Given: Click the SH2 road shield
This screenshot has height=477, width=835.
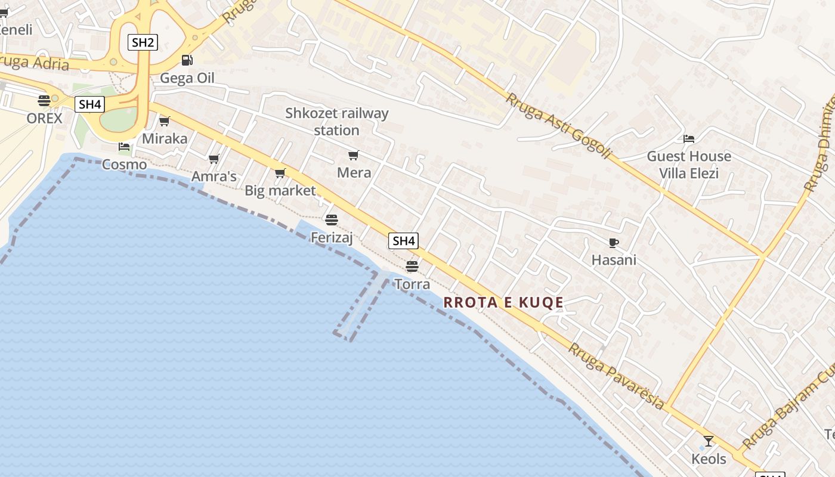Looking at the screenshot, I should pyautogui.click(x=143, y=42).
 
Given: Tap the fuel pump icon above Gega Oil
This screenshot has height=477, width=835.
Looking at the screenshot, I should pyautogui.click(x=187, y=60).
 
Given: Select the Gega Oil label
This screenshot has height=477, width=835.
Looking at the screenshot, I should pyautogui.click(x=187, y=78).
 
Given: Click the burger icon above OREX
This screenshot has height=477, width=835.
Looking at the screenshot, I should pyautogui.click(x=44, y=100).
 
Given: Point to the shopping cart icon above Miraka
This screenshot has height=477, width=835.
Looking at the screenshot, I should pyautogui.click(x=165, y=121).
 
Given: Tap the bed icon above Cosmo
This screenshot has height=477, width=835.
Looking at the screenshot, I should pyautogui.click(x=124, y=147).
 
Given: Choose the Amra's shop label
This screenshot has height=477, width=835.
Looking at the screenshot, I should pyautogui.click(x=214, y=176).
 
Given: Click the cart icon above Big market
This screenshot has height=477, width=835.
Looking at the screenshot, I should pyautogui.click(x=280, y=174).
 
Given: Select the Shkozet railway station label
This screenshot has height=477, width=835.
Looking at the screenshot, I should pyautogui.click(x=336, y=122).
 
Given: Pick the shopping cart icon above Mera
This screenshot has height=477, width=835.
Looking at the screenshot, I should pyautogui.click(x=354, y=156).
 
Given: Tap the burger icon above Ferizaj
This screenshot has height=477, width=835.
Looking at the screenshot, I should pyautogui.click(x=332, y=220).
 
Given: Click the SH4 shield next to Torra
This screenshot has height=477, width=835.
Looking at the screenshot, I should pyautogui.click(x=404, y=241).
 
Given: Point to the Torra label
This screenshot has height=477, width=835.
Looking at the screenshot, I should pyautogui.click(x=412, y=284).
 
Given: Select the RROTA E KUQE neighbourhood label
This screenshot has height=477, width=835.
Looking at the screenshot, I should pyautogui.click(x=503, y=303).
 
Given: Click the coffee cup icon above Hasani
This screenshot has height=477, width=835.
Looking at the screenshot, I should pyautogui.click(x=614, y=243).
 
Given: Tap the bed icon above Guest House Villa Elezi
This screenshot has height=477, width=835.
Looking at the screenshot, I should pyautogui.click(x=689, y=139).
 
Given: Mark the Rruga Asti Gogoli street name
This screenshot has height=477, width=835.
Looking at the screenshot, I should pyautogui.click(x=559, y=126).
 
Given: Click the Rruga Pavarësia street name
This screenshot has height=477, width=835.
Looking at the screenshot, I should pyautogui.click(x=616, y=376).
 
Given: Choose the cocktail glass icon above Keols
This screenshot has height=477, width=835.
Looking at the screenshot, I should pyautogui.click(x=709, y=441).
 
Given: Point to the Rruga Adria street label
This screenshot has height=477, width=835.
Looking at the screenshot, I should pyautogui.click(x=35, y=62).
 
